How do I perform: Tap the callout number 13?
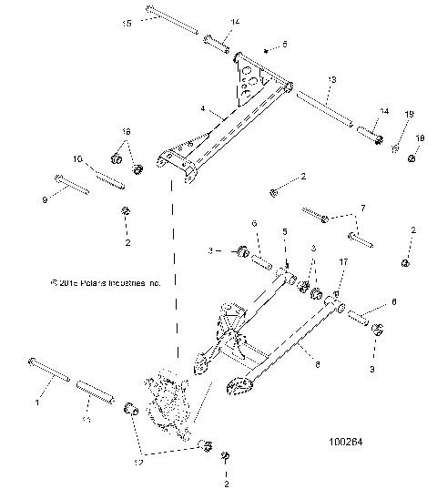tap(331, 80)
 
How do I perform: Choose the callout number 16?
tap(127, 132)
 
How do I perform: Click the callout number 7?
tap(366, 208)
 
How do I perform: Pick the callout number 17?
tap(343, 261)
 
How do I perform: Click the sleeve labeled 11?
tap(95, 391)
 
